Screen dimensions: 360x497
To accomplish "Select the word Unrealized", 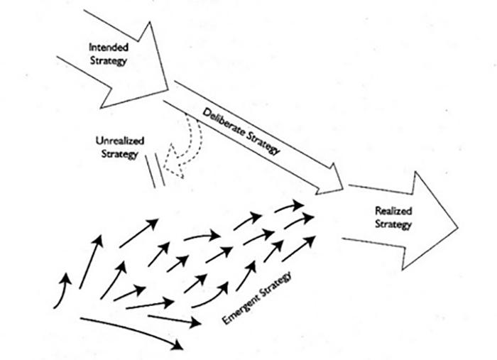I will (116, 141).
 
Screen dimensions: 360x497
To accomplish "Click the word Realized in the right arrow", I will (394, 212).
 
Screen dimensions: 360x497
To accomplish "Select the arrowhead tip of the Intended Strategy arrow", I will (168, 89).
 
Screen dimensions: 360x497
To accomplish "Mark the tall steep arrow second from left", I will (90, 262).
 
